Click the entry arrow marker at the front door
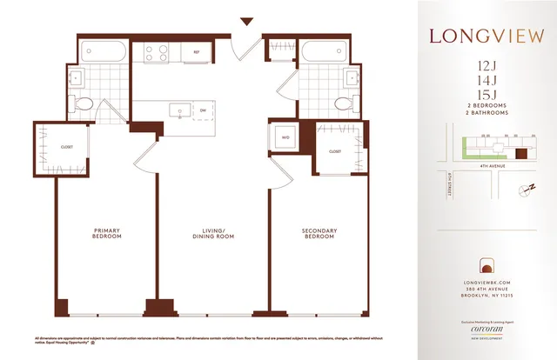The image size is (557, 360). point(246,22)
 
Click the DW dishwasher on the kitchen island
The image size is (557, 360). point(202,110)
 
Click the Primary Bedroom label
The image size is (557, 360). point(106,234)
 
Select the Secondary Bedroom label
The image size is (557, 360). point(321,234)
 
